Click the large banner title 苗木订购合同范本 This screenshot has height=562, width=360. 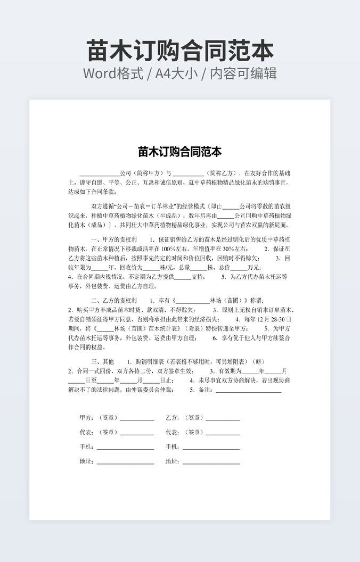[x=180, y=51]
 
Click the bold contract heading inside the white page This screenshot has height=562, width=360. [x=180, y=152]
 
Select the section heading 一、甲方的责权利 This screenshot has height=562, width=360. [x=114, y=239]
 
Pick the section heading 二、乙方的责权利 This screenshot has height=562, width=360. [x=114, y=301]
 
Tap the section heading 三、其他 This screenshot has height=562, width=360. [x=103, y=361]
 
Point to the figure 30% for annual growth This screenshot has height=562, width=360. [x=230, y=249]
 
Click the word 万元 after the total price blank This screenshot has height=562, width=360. [x=253, y=267]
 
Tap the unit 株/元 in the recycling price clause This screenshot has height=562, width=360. [x=168, y=267]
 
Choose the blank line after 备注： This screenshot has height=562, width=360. [x=248, y=391]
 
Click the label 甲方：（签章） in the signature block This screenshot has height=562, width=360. [x=99, y=418]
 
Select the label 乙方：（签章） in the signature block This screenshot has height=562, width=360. [x=184, y=418]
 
